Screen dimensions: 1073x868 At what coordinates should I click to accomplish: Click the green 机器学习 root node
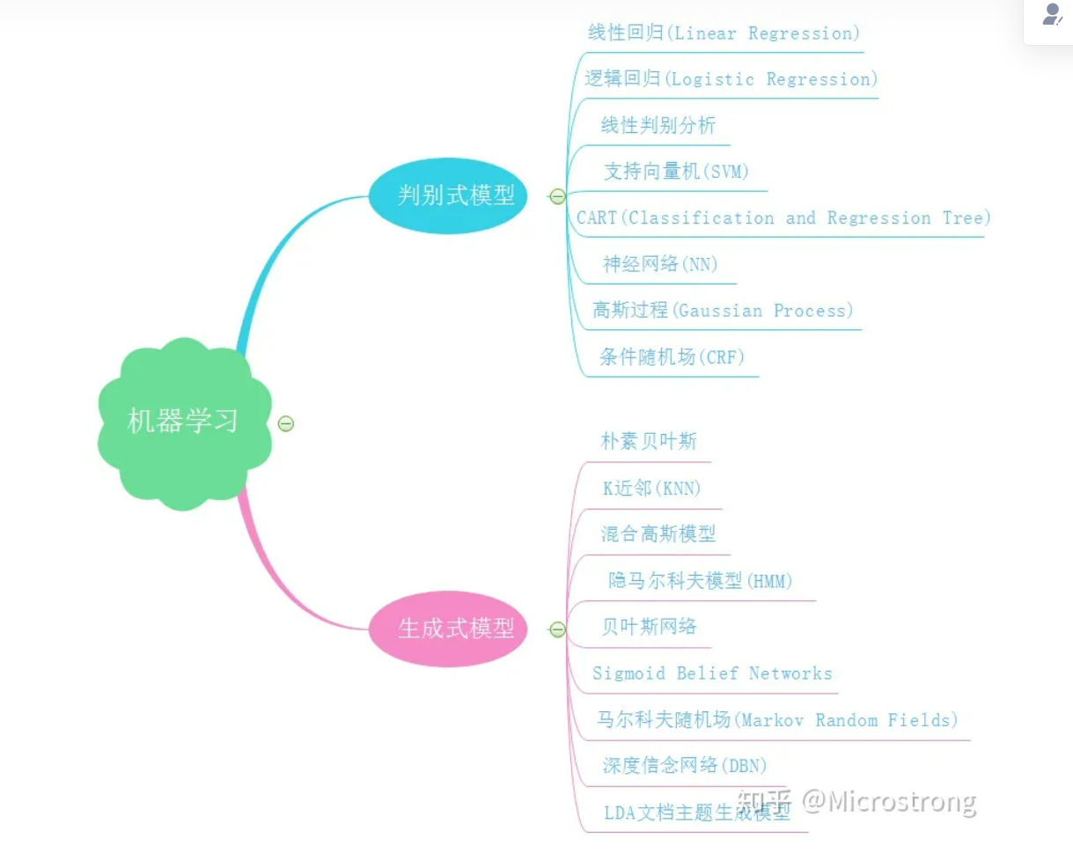(183, 422)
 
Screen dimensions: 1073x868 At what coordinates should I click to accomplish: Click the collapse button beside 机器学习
(285, 423)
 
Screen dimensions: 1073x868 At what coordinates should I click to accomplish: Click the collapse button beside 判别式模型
(557, 196)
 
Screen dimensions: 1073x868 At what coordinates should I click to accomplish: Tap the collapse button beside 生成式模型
(557, 629)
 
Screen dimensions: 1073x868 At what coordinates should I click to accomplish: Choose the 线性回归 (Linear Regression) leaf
(724, 33)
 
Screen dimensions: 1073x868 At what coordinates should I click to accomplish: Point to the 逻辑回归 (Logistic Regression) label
(731, 79)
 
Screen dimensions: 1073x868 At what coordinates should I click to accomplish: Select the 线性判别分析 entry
(658, 126)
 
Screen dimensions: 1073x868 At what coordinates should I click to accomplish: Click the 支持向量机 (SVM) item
(676, 172)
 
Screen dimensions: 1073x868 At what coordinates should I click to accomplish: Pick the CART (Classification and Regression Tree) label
(783, 218)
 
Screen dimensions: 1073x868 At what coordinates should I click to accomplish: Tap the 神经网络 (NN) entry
(659, 264)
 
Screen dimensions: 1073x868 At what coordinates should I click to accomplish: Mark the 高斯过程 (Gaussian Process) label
(723, 311)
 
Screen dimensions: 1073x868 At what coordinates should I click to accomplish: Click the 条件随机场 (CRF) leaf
(672, 357)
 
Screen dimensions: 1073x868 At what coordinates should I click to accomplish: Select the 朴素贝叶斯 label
(649, 441)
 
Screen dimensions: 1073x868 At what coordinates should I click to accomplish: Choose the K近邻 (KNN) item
(651, 489)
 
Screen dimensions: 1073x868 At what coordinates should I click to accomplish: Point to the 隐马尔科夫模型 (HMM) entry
(700, 581)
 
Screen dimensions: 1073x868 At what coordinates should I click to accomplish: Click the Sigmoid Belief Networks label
(712, 673)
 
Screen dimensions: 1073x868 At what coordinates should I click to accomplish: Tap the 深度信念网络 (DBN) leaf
(684, 766)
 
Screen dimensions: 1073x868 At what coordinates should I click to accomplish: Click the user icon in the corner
(1051, 16)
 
